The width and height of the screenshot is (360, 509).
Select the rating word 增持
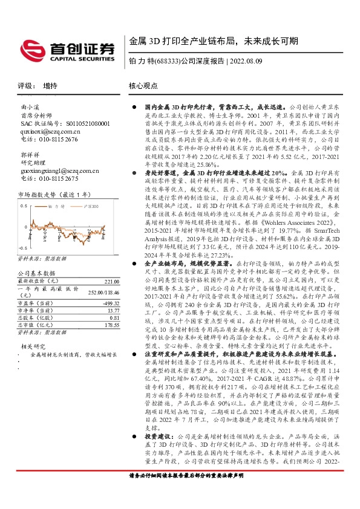[51, 86]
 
